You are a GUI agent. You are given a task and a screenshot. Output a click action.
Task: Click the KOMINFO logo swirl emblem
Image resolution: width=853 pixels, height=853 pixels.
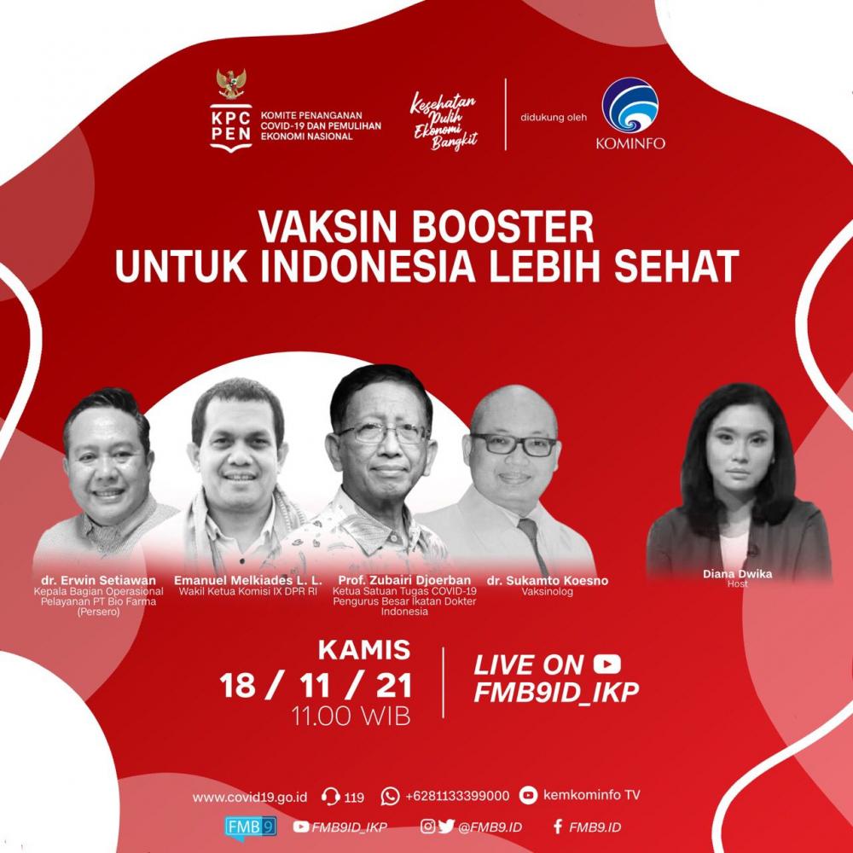pos(630,107)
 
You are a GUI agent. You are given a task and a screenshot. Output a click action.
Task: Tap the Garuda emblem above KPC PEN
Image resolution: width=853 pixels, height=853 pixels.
pos(229,84)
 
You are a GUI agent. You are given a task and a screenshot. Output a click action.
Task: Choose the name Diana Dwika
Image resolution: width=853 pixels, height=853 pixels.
pos(737,574)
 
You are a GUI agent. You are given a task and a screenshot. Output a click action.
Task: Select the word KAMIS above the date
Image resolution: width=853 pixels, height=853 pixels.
pos(364,651)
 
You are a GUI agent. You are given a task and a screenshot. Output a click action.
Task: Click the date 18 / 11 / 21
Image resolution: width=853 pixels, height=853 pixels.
pos(316,685)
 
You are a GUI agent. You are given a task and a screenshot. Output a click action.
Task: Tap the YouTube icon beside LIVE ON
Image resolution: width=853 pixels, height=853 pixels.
pos(607,664)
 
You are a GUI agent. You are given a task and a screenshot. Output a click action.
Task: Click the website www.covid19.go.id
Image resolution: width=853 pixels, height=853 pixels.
pos(250,797)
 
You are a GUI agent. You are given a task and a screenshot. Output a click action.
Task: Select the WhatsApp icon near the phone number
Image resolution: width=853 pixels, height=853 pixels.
pos(391,796)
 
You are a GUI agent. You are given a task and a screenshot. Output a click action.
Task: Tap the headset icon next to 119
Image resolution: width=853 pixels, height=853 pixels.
pos(331,797)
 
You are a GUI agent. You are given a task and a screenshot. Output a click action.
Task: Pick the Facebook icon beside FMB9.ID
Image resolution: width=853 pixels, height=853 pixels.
pos(558,827)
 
